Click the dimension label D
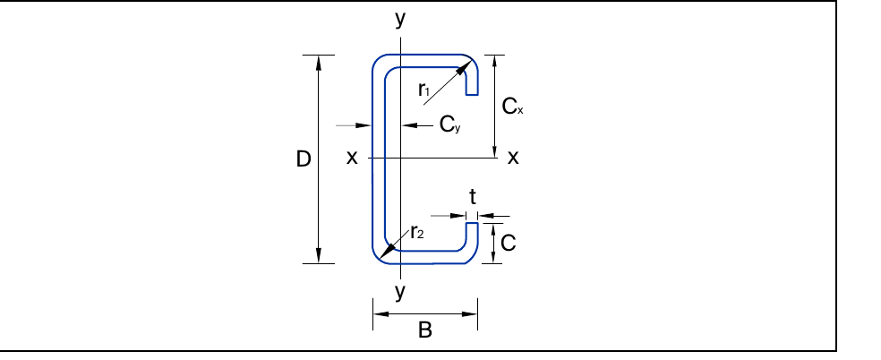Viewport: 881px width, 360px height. tap(304, 160)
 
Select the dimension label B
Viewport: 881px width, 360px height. tap(425, 330)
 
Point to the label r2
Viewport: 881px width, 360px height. tap(416, 231)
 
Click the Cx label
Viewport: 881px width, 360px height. tap(512, 107)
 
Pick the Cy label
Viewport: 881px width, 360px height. tap(449, 124)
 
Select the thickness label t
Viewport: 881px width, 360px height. tap(473, 197)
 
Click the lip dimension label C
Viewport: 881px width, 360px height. tap(508, 244)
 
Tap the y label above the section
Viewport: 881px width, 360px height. tap(400, 19)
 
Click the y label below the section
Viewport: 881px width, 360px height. tap(400, 291)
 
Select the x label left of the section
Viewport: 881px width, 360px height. tap(352, 158)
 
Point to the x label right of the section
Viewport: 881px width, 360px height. tap(513, 158)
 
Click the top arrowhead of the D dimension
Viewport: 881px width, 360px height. tap(319, 63)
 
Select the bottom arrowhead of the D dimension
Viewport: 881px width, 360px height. tap(319, 255)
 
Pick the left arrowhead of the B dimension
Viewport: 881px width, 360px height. tap(381, 314)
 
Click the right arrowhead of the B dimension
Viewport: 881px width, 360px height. tap(470, 314)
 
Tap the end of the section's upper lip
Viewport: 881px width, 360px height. tap(472, 94)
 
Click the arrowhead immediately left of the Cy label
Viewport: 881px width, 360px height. tap(410, 125)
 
